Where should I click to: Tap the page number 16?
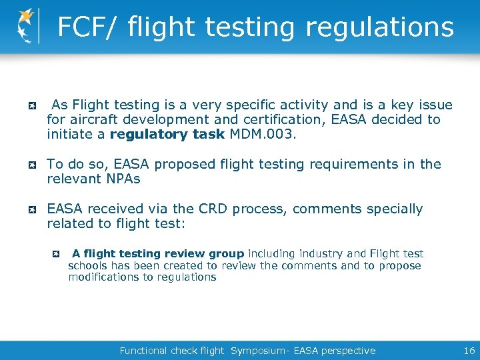click(x=468, y=350)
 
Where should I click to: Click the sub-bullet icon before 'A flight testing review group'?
click(x=57, y=254)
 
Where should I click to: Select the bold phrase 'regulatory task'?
click(x=167, y=134)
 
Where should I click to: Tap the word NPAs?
click(x=123, y=179)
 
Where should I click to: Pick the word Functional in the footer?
click(x=143, y=350)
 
